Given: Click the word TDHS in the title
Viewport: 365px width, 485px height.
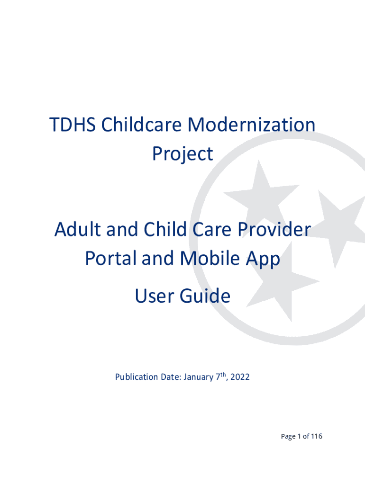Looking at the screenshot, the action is coord(73,125).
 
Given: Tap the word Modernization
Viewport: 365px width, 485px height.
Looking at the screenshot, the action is coord(251,125).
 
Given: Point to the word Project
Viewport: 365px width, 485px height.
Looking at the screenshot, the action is coord(182,154).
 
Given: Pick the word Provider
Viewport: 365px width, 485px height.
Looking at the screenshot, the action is coord(274,229).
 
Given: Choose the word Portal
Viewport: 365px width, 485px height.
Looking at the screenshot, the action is coord(110,258).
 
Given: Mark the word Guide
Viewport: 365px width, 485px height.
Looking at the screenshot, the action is coord(205,296).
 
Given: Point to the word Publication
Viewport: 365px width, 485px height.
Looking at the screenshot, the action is coord(137,377).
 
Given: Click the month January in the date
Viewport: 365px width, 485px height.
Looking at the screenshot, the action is coord(199,377).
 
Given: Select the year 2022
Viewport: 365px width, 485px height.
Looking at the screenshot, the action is coord(240,377).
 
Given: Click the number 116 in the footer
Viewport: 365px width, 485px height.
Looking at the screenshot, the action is coord(317,436).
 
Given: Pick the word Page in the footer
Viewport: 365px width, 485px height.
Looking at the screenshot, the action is coord(288,436).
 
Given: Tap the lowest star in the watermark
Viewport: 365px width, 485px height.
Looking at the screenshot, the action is coord(283,281).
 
